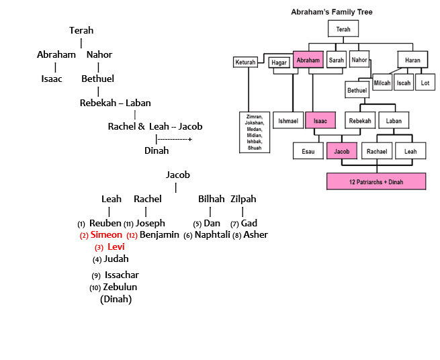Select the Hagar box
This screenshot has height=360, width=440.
(278, 62)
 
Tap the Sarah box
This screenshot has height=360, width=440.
(336, 60)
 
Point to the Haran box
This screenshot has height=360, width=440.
(412, 60)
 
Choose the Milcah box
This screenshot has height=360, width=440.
(382, 83)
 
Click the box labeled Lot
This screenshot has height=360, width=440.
(424, 83)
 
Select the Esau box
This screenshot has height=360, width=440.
(308, 151)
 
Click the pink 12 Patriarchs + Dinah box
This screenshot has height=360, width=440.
(376, 181)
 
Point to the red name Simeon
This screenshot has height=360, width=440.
(106, 235)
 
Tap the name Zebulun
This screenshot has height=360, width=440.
(120, 287)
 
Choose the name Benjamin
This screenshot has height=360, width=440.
(159, 235)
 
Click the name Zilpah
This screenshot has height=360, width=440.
(243, 199)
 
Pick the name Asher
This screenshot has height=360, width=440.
(255, 235)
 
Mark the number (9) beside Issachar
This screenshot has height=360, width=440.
(97, 275)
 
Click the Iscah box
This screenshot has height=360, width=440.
(404, 83)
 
